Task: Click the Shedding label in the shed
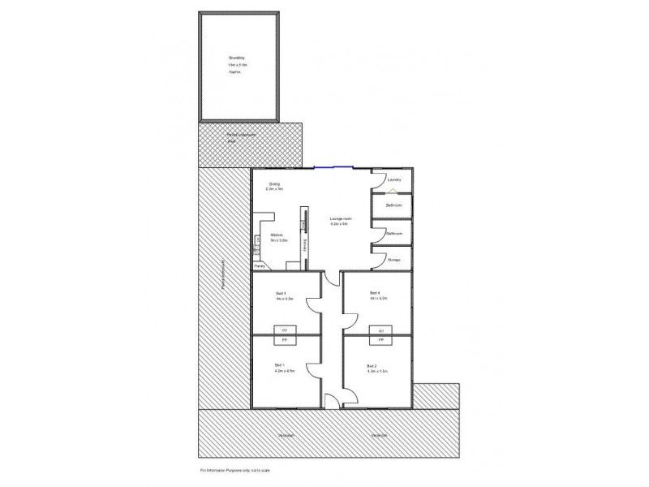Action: (x=236, y=58)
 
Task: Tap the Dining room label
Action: (x=275, y=184)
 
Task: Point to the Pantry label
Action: (x=260, y=265)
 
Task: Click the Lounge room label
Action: (x=339, y=219)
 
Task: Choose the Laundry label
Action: (x=395, y=180)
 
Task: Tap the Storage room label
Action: (x=394, y=260)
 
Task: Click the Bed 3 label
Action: (x=281, y=293)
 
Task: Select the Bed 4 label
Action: (x=374, y=293)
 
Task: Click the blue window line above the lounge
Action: (x=333, y=168)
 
